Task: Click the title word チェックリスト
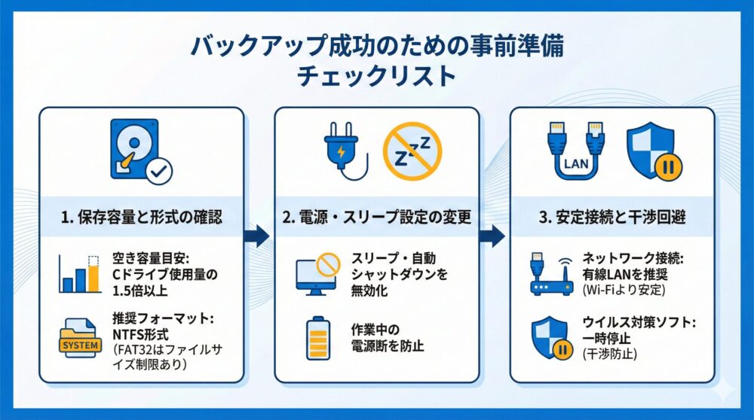376,77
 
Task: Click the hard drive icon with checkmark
140,151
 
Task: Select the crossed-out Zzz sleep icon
412,151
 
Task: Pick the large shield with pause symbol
653,151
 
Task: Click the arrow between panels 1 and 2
259,237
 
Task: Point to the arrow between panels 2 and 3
494,237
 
